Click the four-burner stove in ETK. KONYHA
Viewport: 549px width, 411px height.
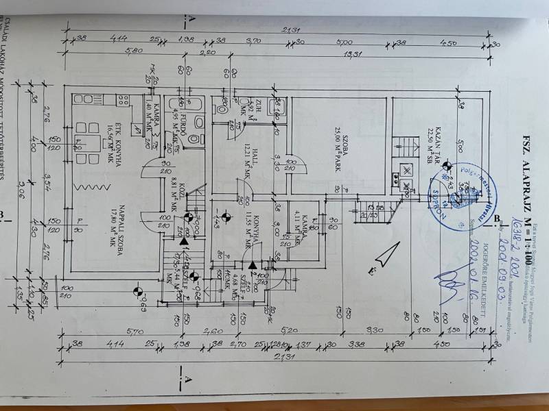124,100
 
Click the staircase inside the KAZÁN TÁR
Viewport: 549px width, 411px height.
405,147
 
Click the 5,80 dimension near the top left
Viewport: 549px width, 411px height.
130,52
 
